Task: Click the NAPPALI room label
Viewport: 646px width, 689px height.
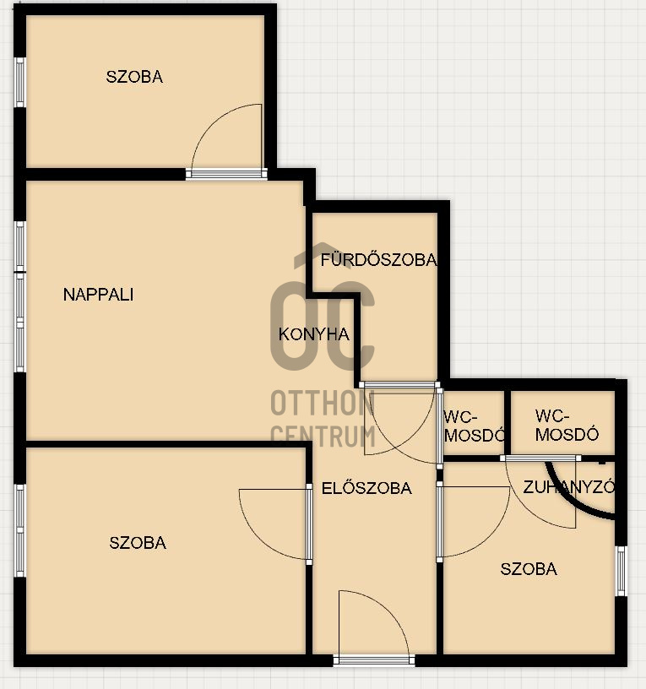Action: coord(99,295)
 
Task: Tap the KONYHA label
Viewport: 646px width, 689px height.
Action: coord(314,334)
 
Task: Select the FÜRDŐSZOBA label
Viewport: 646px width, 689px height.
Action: coord(379,260)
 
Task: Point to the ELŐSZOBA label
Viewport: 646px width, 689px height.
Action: coord(366,488)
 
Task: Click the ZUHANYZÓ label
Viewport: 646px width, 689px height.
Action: coord(568,487)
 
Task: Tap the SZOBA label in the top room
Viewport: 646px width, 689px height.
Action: coord(134,77)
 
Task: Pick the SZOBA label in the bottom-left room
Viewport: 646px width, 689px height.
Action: coord(138,543)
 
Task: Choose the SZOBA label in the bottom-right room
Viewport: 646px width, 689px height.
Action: coord(529,569)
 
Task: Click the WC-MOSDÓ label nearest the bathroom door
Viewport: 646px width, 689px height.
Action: coord(475,426)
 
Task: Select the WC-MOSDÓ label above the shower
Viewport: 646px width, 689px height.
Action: coord(567,425)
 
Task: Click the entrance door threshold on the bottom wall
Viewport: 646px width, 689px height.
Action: coord(374,660)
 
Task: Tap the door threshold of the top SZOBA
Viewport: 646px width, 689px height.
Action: coord(226,174)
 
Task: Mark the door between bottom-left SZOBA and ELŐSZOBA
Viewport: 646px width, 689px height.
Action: coord(309,524)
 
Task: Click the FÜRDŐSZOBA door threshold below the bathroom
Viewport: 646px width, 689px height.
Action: coord(399,385)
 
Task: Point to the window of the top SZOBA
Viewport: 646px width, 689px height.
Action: coord(19,82)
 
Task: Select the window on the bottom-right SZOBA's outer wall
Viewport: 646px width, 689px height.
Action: coord(621,571)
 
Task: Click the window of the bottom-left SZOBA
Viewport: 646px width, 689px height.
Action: coord(20,530)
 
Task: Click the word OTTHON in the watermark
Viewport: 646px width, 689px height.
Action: coord(322,403)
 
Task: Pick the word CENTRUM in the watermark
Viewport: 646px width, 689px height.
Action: coord(323,436)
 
